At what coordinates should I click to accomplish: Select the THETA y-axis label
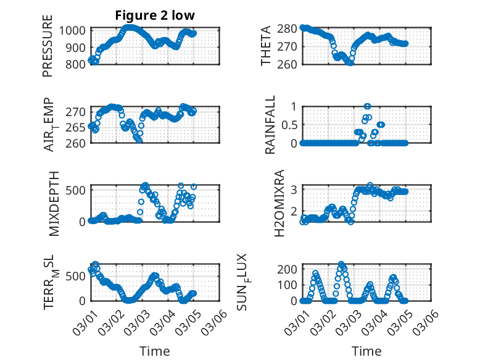tap(266, 46)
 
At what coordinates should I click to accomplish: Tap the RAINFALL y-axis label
tap(269, 126)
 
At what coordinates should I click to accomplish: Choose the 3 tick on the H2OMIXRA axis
tap(294, 189)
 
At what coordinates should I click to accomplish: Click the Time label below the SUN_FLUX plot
tap(366, 351)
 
